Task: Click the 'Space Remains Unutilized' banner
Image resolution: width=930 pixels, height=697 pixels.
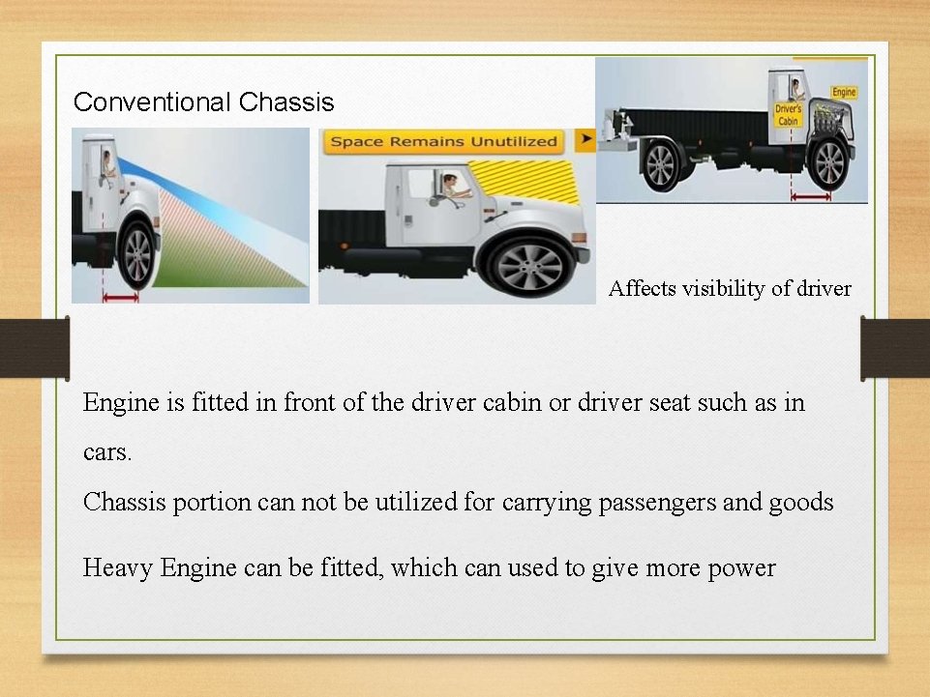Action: [x=444, y=141]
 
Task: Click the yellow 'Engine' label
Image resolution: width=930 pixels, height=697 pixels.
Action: [x=844, y=93]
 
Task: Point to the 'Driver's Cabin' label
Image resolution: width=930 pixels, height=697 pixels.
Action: [x=789, y=115]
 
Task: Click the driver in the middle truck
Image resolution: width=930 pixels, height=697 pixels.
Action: [x=449, y=185]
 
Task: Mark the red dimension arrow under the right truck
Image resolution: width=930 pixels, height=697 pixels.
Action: [x=811, y=197]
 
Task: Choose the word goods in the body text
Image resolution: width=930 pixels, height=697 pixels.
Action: [x=800, y=502]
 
